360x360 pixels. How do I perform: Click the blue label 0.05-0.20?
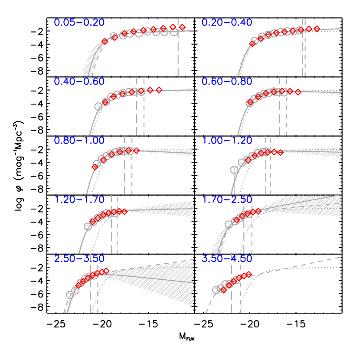pos(79,23)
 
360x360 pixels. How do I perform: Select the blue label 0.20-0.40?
pos(227,23)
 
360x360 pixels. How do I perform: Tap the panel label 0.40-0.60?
pos(79,82)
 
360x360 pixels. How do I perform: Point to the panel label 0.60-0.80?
pos(227,82)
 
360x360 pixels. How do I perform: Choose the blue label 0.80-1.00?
pos(79,141)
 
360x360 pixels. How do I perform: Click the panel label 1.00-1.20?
pos(227,141)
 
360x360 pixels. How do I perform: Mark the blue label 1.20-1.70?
pos(79,200)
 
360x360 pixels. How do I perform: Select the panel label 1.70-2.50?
pos(227,200)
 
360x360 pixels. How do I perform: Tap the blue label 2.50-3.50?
pos(79,259)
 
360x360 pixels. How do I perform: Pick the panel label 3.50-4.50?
pos(227,259)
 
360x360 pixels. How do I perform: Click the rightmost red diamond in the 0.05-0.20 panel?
pos(182,27)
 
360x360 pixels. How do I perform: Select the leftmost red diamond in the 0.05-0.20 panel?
pos(105,42)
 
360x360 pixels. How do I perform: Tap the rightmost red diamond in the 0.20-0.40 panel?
pos(317,29)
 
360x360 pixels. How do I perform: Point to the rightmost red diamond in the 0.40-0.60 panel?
pos(159,90)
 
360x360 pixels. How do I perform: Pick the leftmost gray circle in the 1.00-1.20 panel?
pos(235,170)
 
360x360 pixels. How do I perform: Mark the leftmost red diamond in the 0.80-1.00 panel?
pos(95,167)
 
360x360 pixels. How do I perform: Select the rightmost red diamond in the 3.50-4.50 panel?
pos(249,274)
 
